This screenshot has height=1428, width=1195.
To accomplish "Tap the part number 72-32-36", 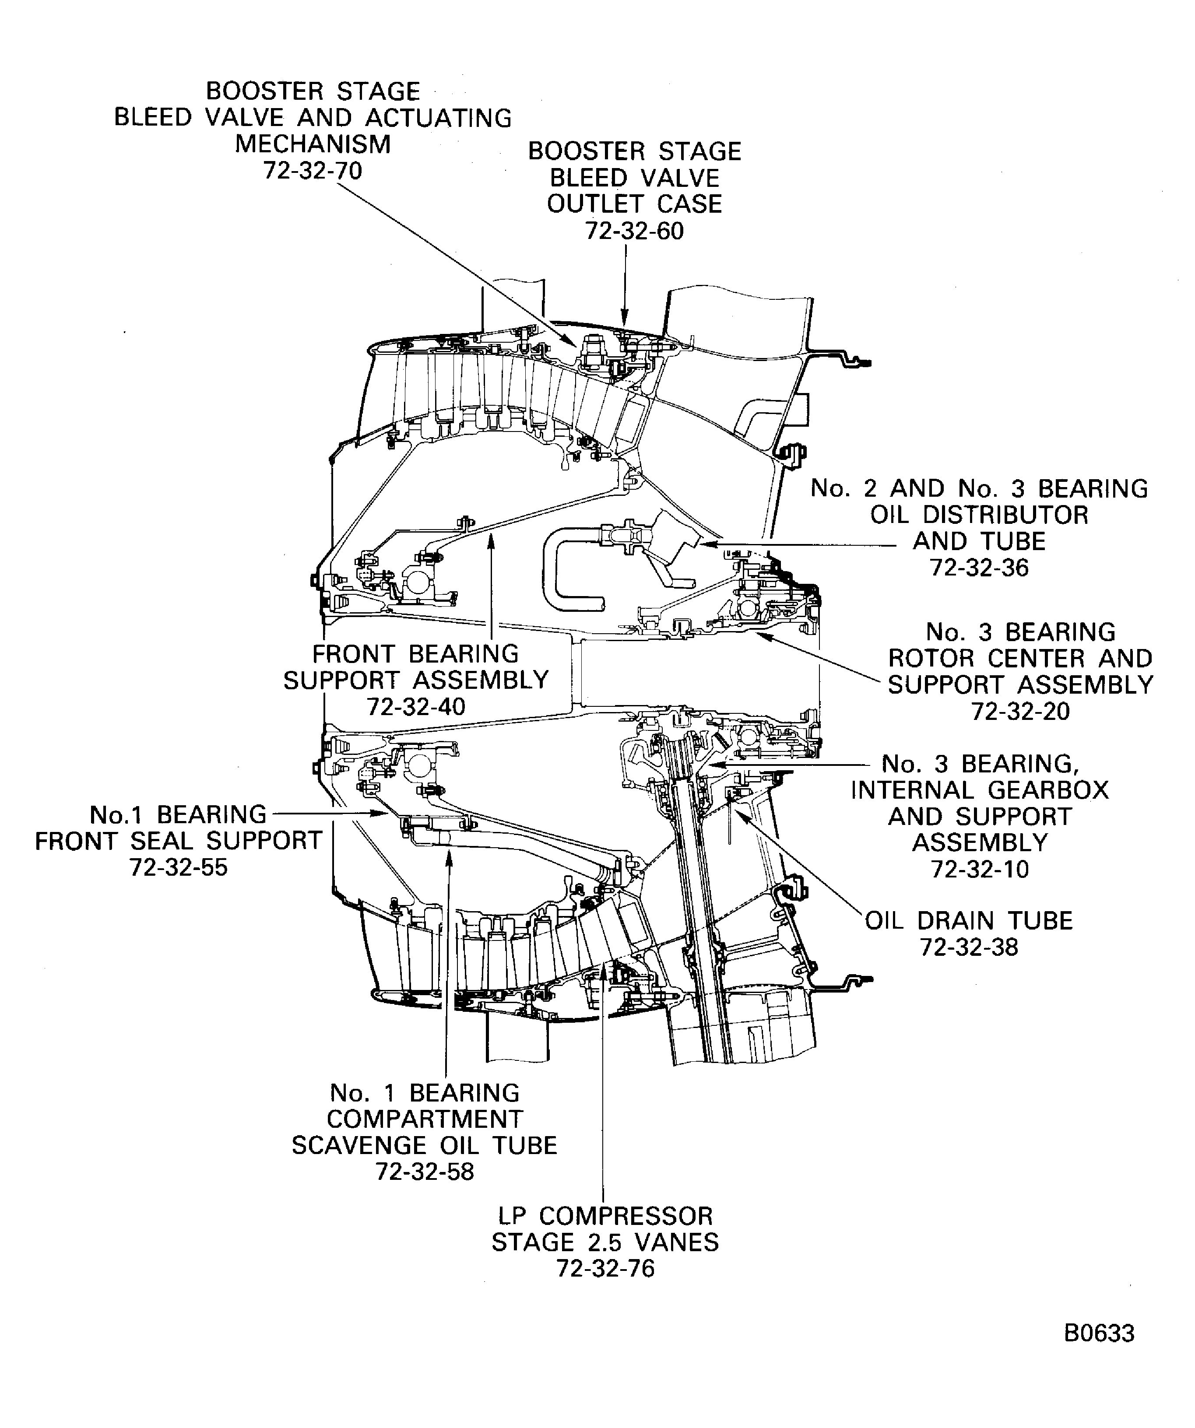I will (979, 567).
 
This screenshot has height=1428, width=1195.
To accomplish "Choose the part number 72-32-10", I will (979, 869).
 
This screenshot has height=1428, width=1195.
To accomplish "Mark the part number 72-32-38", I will (969, 947).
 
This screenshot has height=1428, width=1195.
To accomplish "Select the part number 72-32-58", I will (425, 1172).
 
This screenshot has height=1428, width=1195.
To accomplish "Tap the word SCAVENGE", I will (362, 1145).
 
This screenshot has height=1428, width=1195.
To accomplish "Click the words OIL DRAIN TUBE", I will (969, 921).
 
